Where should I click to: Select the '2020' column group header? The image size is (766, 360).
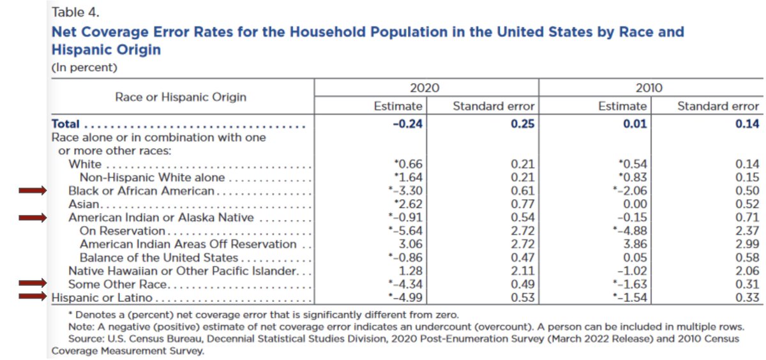(x=426, y=89)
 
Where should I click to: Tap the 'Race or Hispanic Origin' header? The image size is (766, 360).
(x=181, y=97)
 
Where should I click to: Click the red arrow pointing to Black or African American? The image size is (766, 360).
(x=33, y=190)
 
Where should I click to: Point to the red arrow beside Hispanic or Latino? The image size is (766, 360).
(x=33, y=296)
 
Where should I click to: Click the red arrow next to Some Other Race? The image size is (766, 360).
(x=33, y=283)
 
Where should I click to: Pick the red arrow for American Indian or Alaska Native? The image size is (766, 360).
(x=33, y=218)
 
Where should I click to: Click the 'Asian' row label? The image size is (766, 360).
(x=84, y=204)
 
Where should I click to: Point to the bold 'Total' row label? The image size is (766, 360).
(x=66, y=124)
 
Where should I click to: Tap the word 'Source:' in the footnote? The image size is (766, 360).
(x=86, y=338)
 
